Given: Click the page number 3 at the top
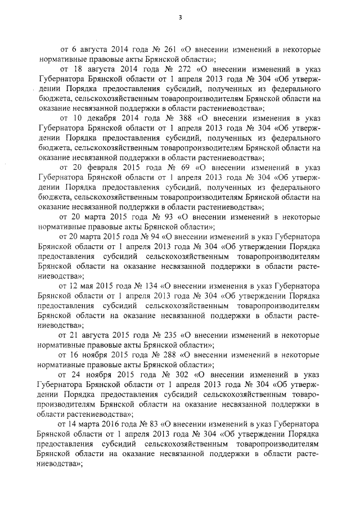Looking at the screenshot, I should [x=180, y=17].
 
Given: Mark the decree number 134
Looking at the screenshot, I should [x=155, y=287].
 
